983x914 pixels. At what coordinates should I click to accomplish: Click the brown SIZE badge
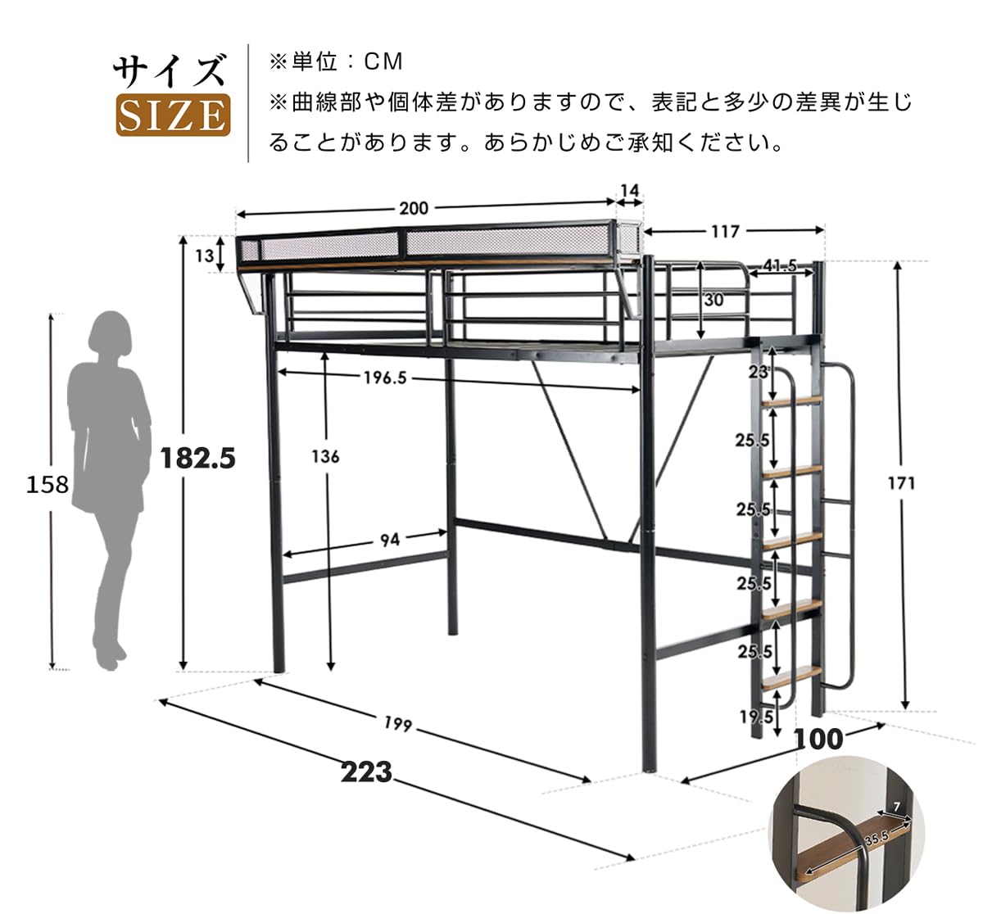[x=173, y=115]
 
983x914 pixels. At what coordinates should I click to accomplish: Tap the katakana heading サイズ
[x=170, y=71]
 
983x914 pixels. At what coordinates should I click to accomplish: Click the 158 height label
[x=48, y=485]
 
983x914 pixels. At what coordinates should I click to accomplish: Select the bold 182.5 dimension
[x=197, y=458]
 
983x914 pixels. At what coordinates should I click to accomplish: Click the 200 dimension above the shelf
[x=414, y=208]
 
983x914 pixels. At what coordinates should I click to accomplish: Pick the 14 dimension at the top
[x=629, y=191]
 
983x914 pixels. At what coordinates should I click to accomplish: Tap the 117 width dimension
[x=724, y=232]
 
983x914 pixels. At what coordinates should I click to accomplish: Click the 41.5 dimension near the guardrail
[x=780, y=265]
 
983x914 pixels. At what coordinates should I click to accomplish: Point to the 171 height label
[x=900, y=483]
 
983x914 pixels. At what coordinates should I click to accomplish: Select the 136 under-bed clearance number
[x=325, y=456]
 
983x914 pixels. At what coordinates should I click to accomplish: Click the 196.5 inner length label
[x=385, y=378]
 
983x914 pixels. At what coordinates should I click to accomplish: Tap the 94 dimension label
[x=390, y=539]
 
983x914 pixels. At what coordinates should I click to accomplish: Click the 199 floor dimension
[x=397, y=725]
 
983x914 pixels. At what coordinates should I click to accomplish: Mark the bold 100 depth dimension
[x=818, y=739]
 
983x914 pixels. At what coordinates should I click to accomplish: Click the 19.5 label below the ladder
[x=756, y=717]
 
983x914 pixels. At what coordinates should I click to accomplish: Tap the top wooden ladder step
[x=792, y=401]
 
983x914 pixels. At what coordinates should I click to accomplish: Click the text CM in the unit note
[x=384, y=61]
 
